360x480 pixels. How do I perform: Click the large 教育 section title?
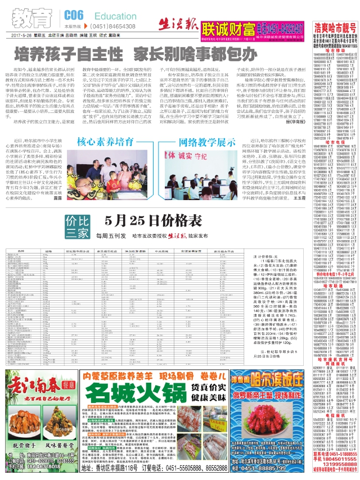pos(34,17)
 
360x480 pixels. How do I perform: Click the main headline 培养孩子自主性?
pos(70,55)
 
